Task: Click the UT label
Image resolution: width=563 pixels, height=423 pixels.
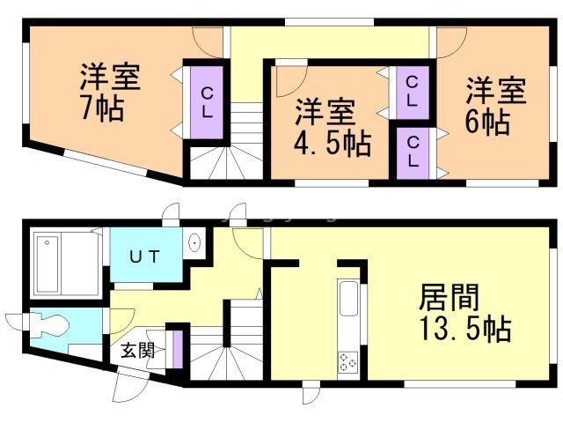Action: [145, 256]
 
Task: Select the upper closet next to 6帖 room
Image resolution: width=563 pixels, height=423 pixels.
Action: [412, 91]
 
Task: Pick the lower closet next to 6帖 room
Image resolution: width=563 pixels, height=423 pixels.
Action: [412, 151]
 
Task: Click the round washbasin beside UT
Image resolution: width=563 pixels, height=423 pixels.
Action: [195, 242]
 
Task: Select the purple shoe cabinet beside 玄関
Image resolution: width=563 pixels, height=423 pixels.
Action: [177, 348]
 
